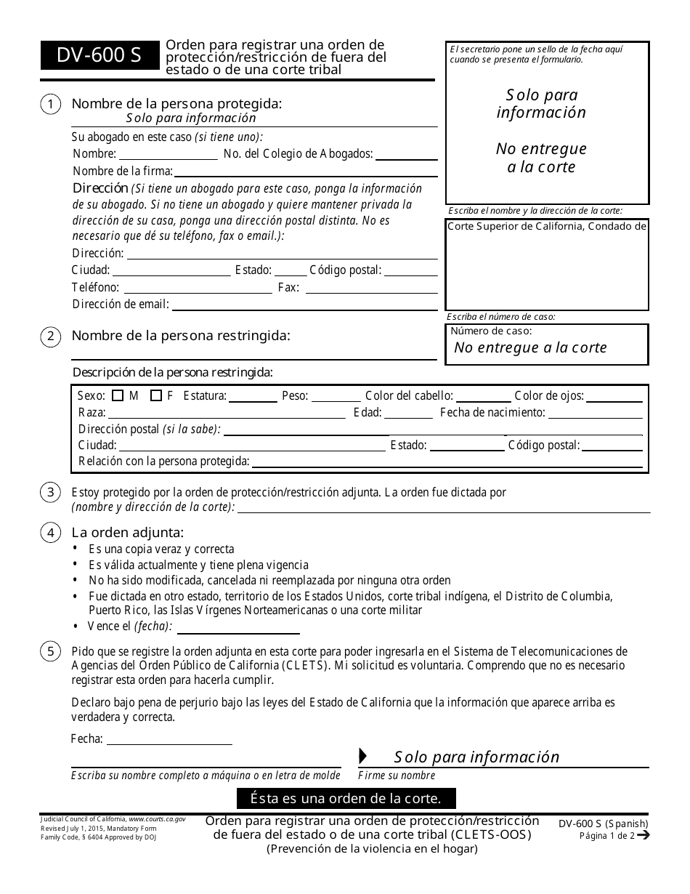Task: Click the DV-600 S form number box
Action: point(100,55)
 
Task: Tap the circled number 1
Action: point(50,105)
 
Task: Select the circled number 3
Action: point(50,492)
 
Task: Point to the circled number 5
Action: point(50,651)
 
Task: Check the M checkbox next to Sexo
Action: point(118,396)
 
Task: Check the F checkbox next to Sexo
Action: point(155,396)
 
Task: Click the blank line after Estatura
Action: point(253,398)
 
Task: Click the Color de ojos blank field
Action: point(614,398)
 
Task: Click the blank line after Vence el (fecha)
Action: point(238,629)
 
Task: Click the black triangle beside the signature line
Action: point(363,756)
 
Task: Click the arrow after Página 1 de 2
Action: point(643,835)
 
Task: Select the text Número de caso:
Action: point(491,331)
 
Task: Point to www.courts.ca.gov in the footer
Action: point(157,818)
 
